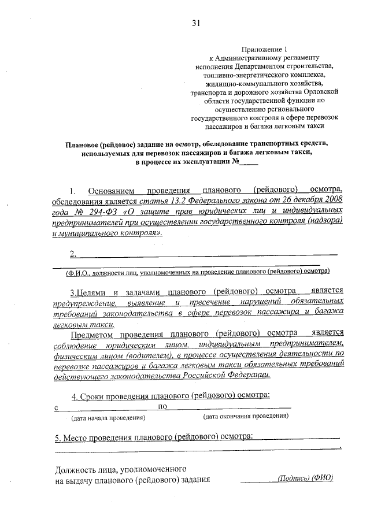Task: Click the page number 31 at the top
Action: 196,24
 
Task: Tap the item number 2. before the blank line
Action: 73,254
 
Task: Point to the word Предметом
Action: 94,333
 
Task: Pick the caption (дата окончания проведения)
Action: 245,416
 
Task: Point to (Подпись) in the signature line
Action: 293,478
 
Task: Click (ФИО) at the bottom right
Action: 322,478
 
